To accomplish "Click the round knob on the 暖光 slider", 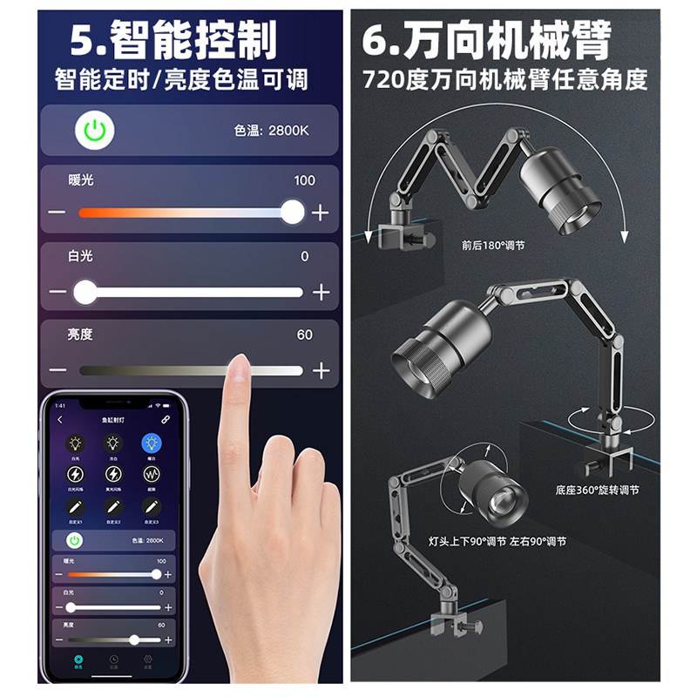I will [292, 212].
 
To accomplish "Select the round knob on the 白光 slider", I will [85, 292].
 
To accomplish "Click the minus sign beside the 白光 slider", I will [58, 292].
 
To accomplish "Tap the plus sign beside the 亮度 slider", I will [321, 370].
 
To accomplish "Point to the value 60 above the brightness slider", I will [304, 335].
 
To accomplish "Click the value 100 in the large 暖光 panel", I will [304, 180].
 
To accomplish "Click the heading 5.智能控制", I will [173, 40].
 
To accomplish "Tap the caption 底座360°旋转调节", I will [597, 491].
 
